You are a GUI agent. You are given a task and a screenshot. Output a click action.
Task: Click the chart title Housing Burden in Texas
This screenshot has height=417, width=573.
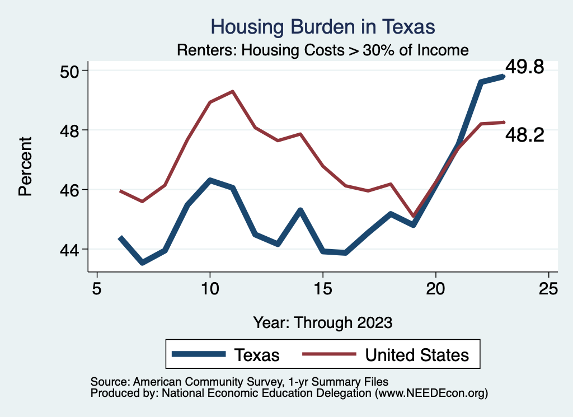322,26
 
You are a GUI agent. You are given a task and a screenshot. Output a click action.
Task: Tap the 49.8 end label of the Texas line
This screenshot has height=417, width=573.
524,67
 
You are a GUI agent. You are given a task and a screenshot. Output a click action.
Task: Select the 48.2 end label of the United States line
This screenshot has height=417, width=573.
524,134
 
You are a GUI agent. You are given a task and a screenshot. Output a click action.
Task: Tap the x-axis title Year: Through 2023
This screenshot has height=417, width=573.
323,322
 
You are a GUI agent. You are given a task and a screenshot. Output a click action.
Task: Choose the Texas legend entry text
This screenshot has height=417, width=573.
257,355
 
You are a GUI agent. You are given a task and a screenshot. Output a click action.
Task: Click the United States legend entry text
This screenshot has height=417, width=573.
417,355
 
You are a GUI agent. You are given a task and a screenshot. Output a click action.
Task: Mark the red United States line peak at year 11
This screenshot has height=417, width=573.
232,91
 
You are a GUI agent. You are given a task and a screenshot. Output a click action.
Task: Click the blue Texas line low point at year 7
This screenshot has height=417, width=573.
142,263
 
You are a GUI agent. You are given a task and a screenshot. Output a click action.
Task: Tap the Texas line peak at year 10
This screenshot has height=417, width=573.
210,180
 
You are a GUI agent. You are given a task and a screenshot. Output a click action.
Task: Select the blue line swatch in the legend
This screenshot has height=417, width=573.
199,354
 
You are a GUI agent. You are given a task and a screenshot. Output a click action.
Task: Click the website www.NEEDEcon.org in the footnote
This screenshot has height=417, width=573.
431,393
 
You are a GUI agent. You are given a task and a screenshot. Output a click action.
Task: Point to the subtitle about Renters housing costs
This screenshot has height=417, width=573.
322,50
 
